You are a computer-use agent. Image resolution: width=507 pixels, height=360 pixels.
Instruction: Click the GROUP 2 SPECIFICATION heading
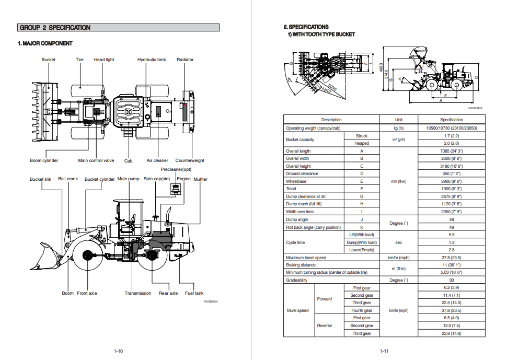(x=55, y=28)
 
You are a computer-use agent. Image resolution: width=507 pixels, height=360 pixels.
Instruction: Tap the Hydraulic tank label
(x=152, y=60)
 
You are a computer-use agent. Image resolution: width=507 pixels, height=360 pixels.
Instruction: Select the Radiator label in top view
(x=185, y=60)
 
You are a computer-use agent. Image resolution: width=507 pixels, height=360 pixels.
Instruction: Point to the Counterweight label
(x=190, y=160)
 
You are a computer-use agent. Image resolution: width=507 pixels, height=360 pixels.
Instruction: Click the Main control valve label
(x=96, y=160)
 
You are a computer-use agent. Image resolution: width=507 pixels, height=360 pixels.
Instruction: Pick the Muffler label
(x=201, y=179)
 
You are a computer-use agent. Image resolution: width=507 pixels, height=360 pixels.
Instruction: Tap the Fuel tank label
(x=194, y=293)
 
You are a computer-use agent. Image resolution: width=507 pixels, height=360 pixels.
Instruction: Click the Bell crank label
(x=68, y=179)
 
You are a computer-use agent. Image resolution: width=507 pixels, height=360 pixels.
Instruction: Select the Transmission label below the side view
(x=138, y=293)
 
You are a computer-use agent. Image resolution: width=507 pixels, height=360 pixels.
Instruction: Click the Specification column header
(x=451, y=120)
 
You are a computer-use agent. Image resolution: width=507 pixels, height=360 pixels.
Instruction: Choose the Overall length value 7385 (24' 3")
(x=451, y=151)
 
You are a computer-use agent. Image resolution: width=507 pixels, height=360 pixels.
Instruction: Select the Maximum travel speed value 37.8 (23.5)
(x=451, y=258)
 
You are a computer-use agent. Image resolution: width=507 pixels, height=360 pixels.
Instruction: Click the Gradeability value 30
(x=451, y=280)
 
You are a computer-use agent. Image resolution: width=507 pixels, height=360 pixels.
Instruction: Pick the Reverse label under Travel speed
(x=325, y=326)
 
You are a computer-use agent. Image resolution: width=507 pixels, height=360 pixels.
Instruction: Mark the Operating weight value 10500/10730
(x=451, y=128)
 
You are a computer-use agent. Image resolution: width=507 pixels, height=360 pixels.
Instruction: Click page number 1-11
(x=384, y=351)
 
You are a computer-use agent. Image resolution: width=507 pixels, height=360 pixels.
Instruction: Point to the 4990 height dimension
(x=382, y=67)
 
